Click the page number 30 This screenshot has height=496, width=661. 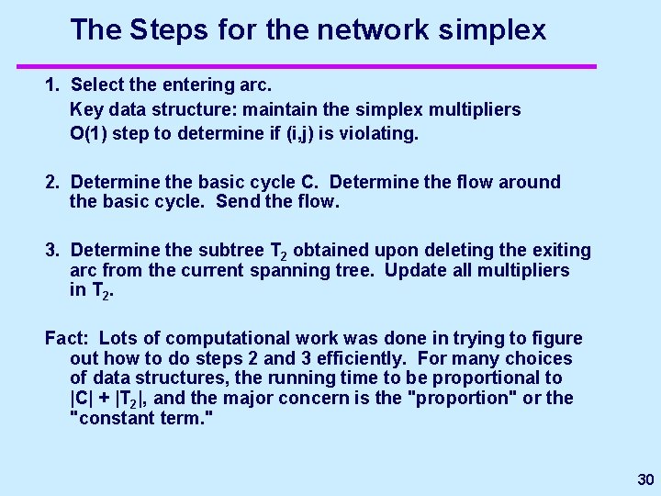point(645,480)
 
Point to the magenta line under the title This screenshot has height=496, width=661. point(307,66)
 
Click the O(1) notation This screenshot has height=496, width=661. point(91,133)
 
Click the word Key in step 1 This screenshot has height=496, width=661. point(86,109)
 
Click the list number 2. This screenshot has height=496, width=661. point(52,182)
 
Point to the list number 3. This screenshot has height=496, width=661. point(52,250)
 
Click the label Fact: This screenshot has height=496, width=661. point(67,339)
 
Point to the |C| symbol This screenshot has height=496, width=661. point(84,398)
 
